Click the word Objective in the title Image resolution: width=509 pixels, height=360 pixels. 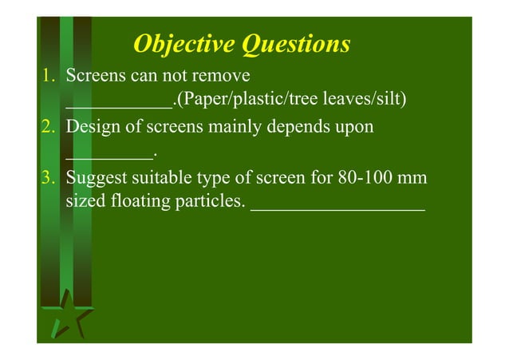[173, 44]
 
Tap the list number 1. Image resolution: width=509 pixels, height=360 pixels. [48, 77]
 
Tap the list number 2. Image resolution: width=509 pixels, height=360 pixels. [48, 127]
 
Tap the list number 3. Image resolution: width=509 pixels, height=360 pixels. [48, 177]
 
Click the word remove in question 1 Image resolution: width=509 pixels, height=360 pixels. [226, 77]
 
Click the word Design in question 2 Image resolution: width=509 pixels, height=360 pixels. [92, 127]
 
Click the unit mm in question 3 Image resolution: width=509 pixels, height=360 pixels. [414, 177]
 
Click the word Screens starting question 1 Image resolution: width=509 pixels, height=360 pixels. [95, 77]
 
